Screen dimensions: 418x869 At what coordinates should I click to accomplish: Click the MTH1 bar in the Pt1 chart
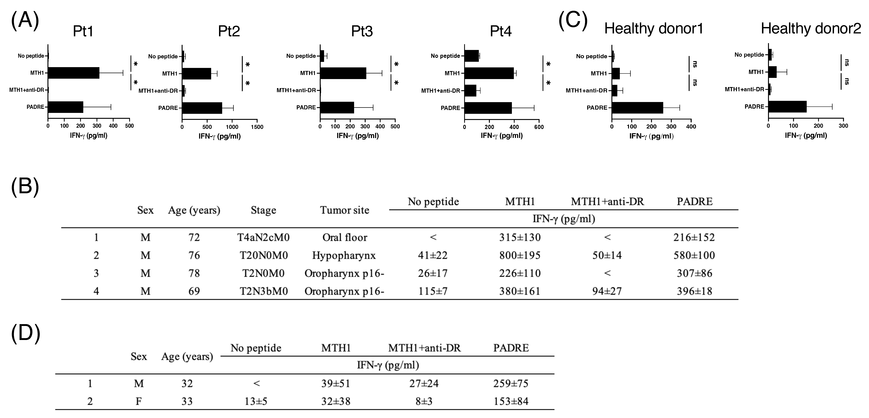[x=74, y=73]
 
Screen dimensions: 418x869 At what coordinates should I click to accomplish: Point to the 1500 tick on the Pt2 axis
[x=257, y=127]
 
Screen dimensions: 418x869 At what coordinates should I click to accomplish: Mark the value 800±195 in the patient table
[x=520, y=255]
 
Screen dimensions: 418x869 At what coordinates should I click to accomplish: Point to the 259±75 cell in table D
[x=511, y=384]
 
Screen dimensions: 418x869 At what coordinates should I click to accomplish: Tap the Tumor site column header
[x=344, y=210]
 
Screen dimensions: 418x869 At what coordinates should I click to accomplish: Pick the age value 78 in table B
[x=194, y=273]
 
